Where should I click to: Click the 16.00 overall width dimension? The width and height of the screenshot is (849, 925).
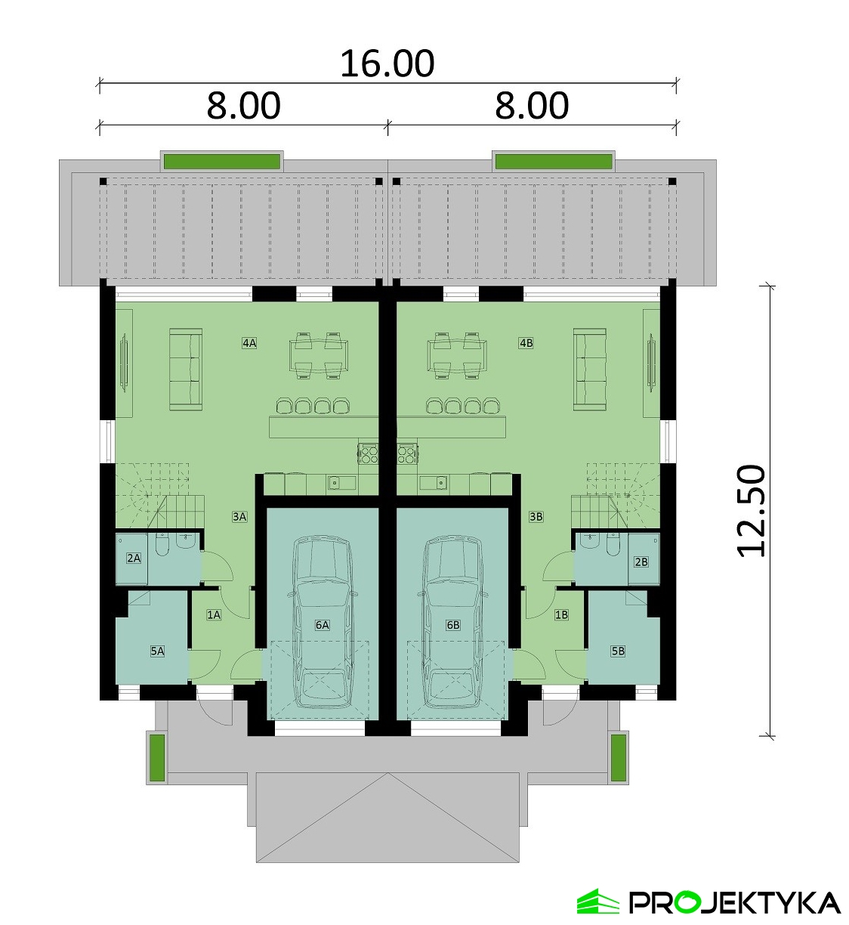pyautogui.click(x=387, y=63)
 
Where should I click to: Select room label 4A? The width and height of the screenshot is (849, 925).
pyautogui.click(x=249, y=343)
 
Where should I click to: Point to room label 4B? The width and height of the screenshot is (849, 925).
pyautogui.click(x=526, y=343)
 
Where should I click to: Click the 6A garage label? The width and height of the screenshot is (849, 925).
pyautogui.click(x=323, y=625)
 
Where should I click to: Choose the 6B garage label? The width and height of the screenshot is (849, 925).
pyautogui.click(x=453, y=625)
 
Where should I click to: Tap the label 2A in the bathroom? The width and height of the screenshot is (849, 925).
pyautogui.click(x=134, y=558)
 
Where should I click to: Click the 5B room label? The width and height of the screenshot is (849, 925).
pyautogui.click(x=618, y=651)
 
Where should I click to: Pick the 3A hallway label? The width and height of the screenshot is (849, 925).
pyautogui.click(x=239, y=517)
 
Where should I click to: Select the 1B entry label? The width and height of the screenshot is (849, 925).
pyautogui.click(x=561, y=614)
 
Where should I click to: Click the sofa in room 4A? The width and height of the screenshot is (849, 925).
pyautogui.click(x=186, y=370)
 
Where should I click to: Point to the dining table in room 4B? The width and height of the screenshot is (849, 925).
pyautogui.click(x=457, y=355)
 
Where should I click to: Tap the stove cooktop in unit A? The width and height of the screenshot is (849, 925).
pyautogui.click(x=369, y=453)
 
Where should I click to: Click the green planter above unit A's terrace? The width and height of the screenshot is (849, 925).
pyautogui.click(x=223, y=162)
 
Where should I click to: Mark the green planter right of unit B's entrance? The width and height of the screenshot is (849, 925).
pyautogui.click(x=619, y=758)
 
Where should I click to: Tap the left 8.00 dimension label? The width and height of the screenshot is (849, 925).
pyautogui.click(x=243, y=106)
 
